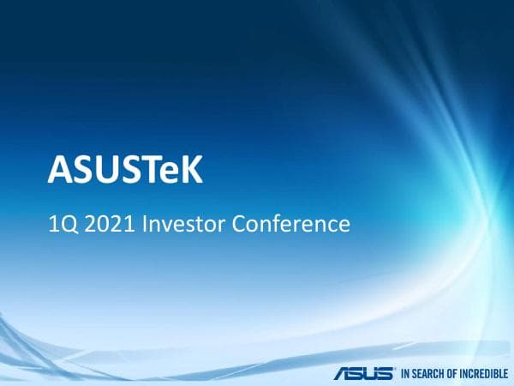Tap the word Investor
click(182, 225)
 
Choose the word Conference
click(291, 225)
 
